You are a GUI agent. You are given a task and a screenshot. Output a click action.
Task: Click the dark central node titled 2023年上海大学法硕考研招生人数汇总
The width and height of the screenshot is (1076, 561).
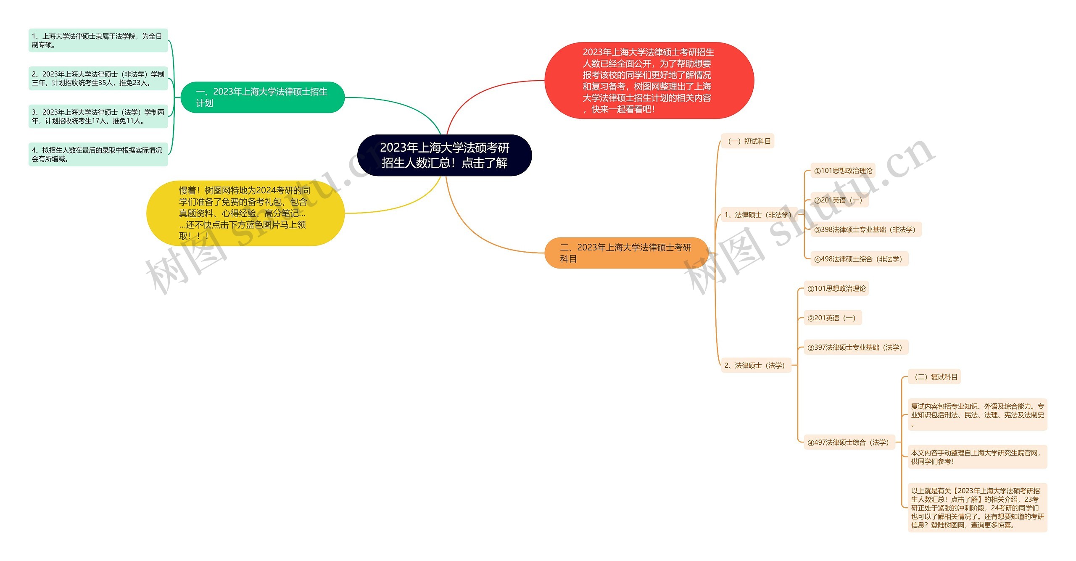click(444, 155)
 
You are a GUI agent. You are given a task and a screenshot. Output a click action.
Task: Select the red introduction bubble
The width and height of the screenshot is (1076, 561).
click(649, 80)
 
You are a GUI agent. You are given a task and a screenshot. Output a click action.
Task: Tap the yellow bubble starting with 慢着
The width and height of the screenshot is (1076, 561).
click(245, 213)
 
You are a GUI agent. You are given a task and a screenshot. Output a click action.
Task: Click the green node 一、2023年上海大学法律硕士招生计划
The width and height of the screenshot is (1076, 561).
click(262, 97)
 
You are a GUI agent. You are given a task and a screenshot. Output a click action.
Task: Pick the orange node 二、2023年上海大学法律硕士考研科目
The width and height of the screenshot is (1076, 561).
click(626, 253)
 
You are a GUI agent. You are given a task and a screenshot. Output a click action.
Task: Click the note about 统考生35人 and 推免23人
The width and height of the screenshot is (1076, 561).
click(98, 79)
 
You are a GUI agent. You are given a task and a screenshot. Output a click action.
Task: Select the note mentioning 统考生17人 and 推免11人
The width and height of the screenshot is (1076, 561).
click(98, 116)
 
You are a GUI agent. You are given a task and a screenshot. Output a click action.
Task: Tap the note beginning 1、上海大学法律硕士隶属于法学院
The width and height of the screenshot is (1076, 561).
click(98, 40)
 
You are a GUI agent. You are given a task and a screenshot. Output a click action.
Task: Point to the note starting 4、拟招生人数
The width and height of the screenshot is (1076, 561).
click(98, 154)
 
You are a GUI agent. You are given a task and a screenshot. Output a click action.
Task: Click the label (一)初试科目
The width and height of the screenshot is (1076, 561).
click(748, 141)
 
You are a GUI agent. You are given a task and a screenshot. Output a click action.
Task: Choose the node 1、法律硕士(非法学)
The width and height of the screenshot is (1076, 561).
click(758, 215)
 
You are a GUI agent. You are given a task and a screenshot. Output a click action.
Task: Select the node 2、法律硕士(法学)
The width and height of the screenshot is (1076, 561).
click(755, 365)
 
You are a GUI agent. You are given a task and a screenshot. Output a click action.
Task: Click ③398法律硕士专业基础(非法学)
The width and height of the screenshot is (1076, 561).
click(865, 229)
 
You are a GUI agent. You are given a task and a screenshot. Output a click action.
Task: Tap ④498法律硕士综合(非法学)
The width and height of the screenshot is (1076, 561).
click(858, 259)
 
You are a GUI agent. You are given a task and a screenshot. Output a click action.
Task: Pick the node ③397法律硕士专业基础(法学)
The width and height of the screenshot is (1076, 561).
click(855, 347)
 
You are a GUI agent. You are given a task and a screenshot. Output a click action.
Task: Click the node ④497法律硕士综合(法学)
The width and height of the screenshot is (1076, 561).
click(848, 442)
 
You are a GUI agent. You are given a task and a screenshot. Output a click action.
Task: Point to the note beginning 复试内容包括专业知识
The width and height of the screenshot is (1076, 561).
click(977, 415)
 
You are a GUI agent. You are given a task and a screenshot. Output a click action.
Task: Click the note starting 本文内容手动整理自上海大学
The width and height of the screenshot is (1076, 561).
click(977, 457)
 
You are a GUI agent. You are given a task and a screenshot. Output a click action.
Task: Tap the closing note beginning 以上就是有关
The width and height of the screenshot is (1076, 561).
click(977, 508)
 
